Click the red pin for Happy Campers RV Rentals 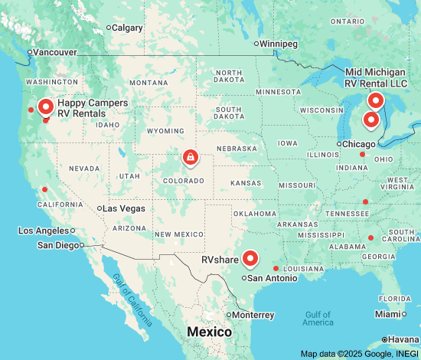click(45, 106)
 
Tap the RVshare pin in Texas click(249, 259)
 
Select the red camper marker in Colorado click(188, 157)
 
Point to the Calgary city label click(127, 28)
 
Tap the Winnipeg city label click(279, 44)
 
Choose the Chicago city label click(358, 144)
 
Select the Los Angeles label click(44, 231)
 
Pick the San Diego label click(58, 245)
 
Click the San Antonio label click(273, 278)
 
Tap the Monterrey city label click(253, 315)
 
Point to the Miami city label click(390, 314)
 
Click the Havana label click(403, 339)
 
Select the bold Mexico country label click(210, 332)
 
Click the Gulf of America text click(317, 318)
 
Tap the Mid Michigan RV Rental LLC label click(380, 77)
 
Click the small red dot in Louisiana click(276, 268)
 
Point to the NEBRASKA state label click(237, 148)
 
